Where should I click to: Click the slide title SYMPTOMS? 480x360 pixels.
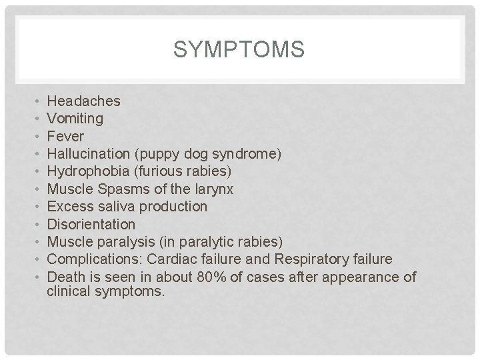pyautogui.click(x=239, y=49)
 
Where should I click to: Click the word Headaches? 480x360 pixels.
pyautogui.click(x=84, y=101)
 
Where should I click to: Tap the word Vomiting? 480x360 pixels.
pyautogui.click(x=75, y=119)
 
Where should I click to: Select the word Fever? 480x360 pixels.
pyautogui.click(x=66, y=137)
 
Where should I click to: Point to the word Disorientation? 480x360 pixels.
pyautogui.click(x=91, y=224)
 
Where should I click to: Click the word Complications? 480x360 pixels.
pyautogui.click(x=95, y=259)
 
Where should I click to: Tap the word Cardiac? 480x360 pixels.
pyautogui.click(x=171, y=259)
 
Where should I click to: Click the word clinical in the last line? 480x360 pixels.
pyautogui.click(x=70, y=291)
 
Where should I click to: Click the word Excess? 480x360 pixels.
pyautogui.click(x=69, y=207)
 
